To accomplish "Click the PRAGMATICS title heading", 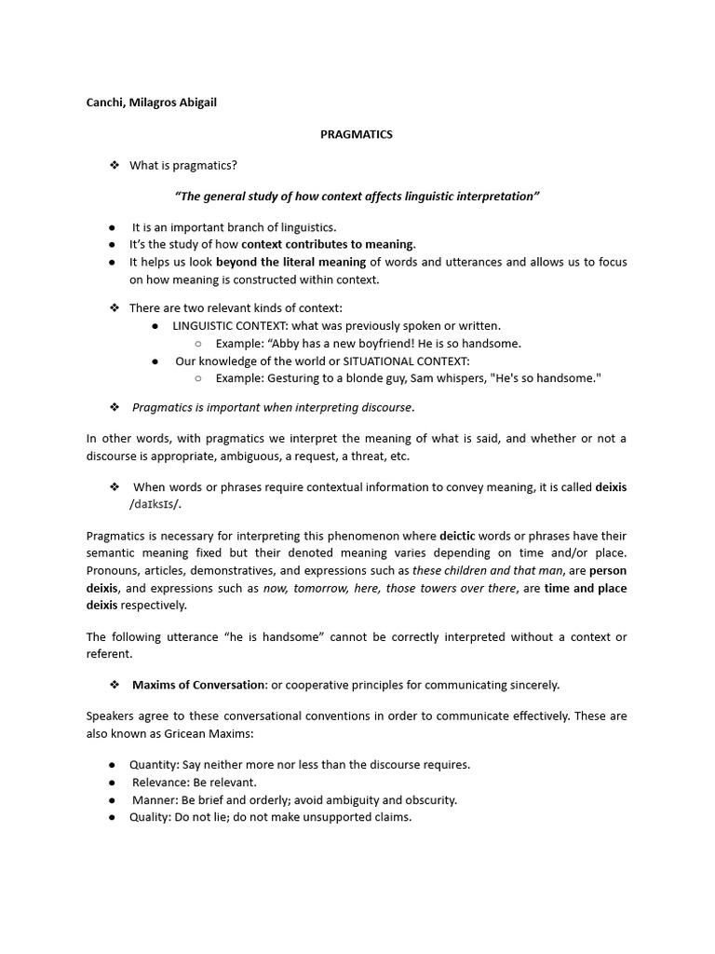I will (357, 134).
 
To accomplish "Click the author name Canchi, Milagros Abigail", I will (151, 102).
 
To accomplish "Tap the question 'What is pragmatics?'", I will (183, 166).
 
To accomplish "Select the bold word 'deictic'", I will (457, 536).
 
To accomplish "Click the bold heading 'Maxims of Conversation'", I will (199, 685).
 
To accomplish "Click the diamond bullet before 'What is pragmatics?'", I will (115, 166).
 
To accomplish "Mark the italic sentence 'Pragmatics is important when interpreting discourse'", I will (273, 407).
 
